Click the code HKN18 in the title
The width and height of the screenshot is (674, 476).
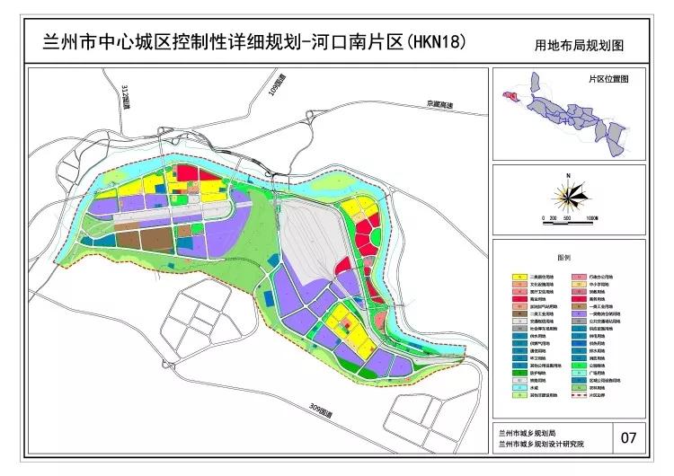pyautogui.click(x=436, y=42)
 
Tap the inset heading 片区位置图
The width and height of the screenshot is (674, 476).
pyautogui.click(x=608, y=79)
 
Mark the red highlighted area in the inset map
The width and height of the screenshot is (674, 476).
pyautogui.click(x=512, y=93)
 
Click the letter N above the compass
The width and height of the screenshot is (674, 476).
pyautogui.click(x=568, y=174)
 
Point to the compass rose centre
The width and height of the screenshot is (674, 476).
pyautogui.click(x=568, y=193)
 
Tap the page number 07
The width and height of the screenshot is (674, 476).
pyautogui.click(x=628, y=438)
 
